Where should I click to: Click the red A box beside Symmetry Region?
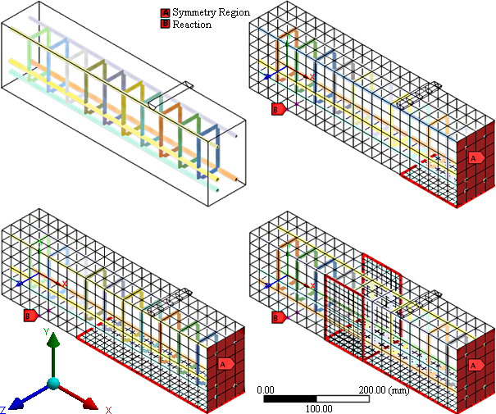coord(165,14)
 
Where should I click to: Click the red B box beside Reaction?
coord(165,25)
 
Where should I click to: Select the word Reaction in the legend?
coord(191,25)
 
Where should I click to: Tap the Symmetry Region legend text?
coord(211,14)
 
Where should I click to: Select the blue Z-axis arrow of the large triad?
coord(28,396)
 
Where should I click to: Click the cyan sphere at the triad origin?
coord(53,384)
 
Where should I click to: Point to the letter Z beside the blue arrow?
coord(4,408)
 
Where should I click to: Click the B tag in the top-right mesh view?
coord(278,107)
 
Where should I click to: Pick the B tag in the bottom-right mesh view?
coord(278,315)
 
